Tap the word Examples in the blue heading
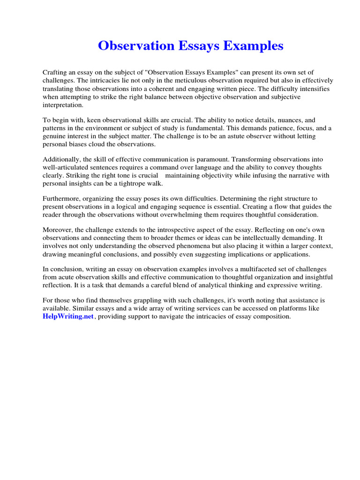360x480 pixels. coord(255,46)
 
